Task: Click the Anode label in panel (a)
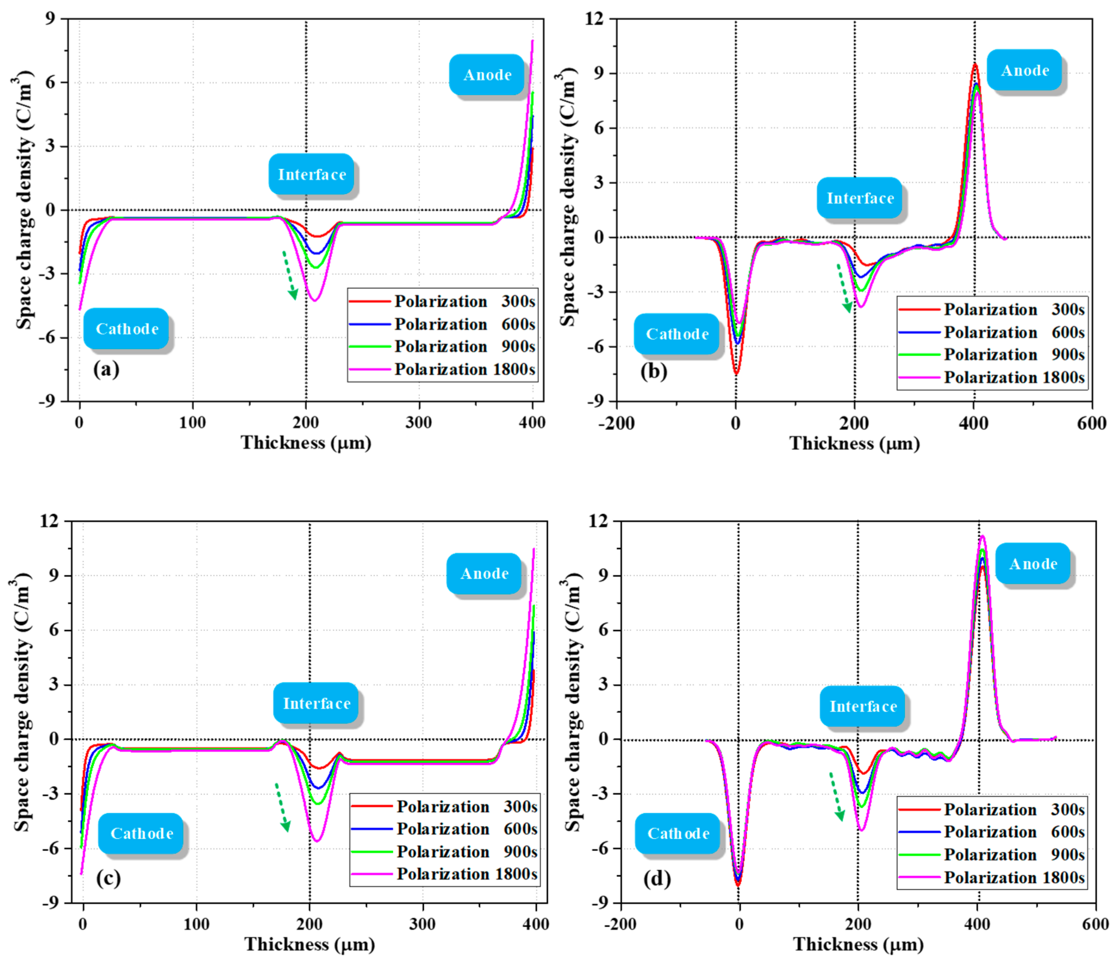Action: point(487,75)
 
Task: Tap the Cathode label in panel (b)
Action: point(676,334)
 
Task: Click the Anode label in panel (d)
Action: point(1032,564)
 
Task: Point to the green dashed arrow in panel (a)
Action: point(290,275)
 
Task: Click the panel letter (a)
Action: point(106,369)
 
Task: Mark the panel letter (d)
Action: point(656,879)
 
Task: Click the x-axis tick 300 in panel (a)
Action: point(419,423)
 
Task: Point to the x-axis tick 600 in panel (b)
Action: point(1091,423)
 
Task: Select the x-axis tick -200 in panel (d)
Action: point(621,924)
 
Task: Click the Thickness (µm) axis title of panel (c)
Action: point(309,944)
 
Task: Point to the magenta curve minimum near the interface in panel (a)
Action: point(314,300)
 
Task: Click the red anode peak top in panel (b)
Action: point(975,64)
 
